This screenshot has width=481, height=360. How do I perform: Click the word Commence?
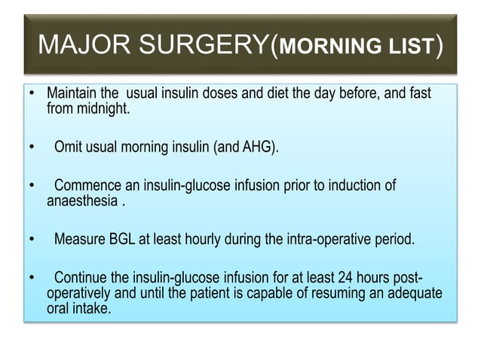pos(88,185)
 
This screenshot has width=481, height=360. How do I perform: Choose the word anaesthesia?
pos(82,200)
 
